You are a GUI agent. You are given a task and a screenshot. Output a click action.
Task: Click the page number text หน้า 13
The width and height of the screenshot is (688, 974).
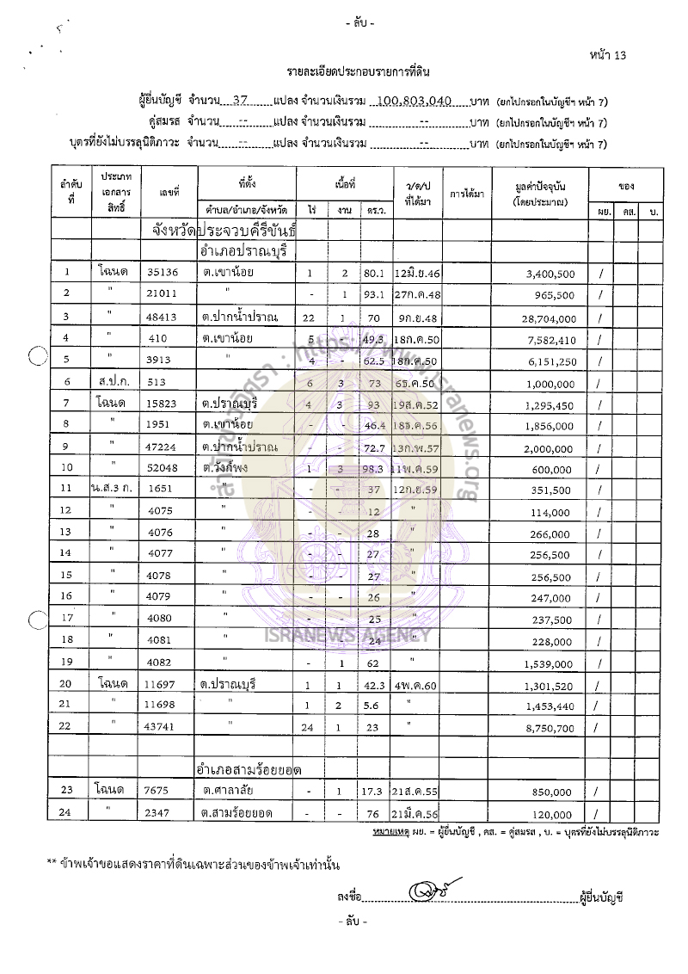click(x=609, y=55)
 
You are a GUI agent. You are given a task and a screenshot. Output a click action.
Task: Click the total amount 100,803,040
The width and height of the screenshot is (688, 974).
click(x=415, y=100)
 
